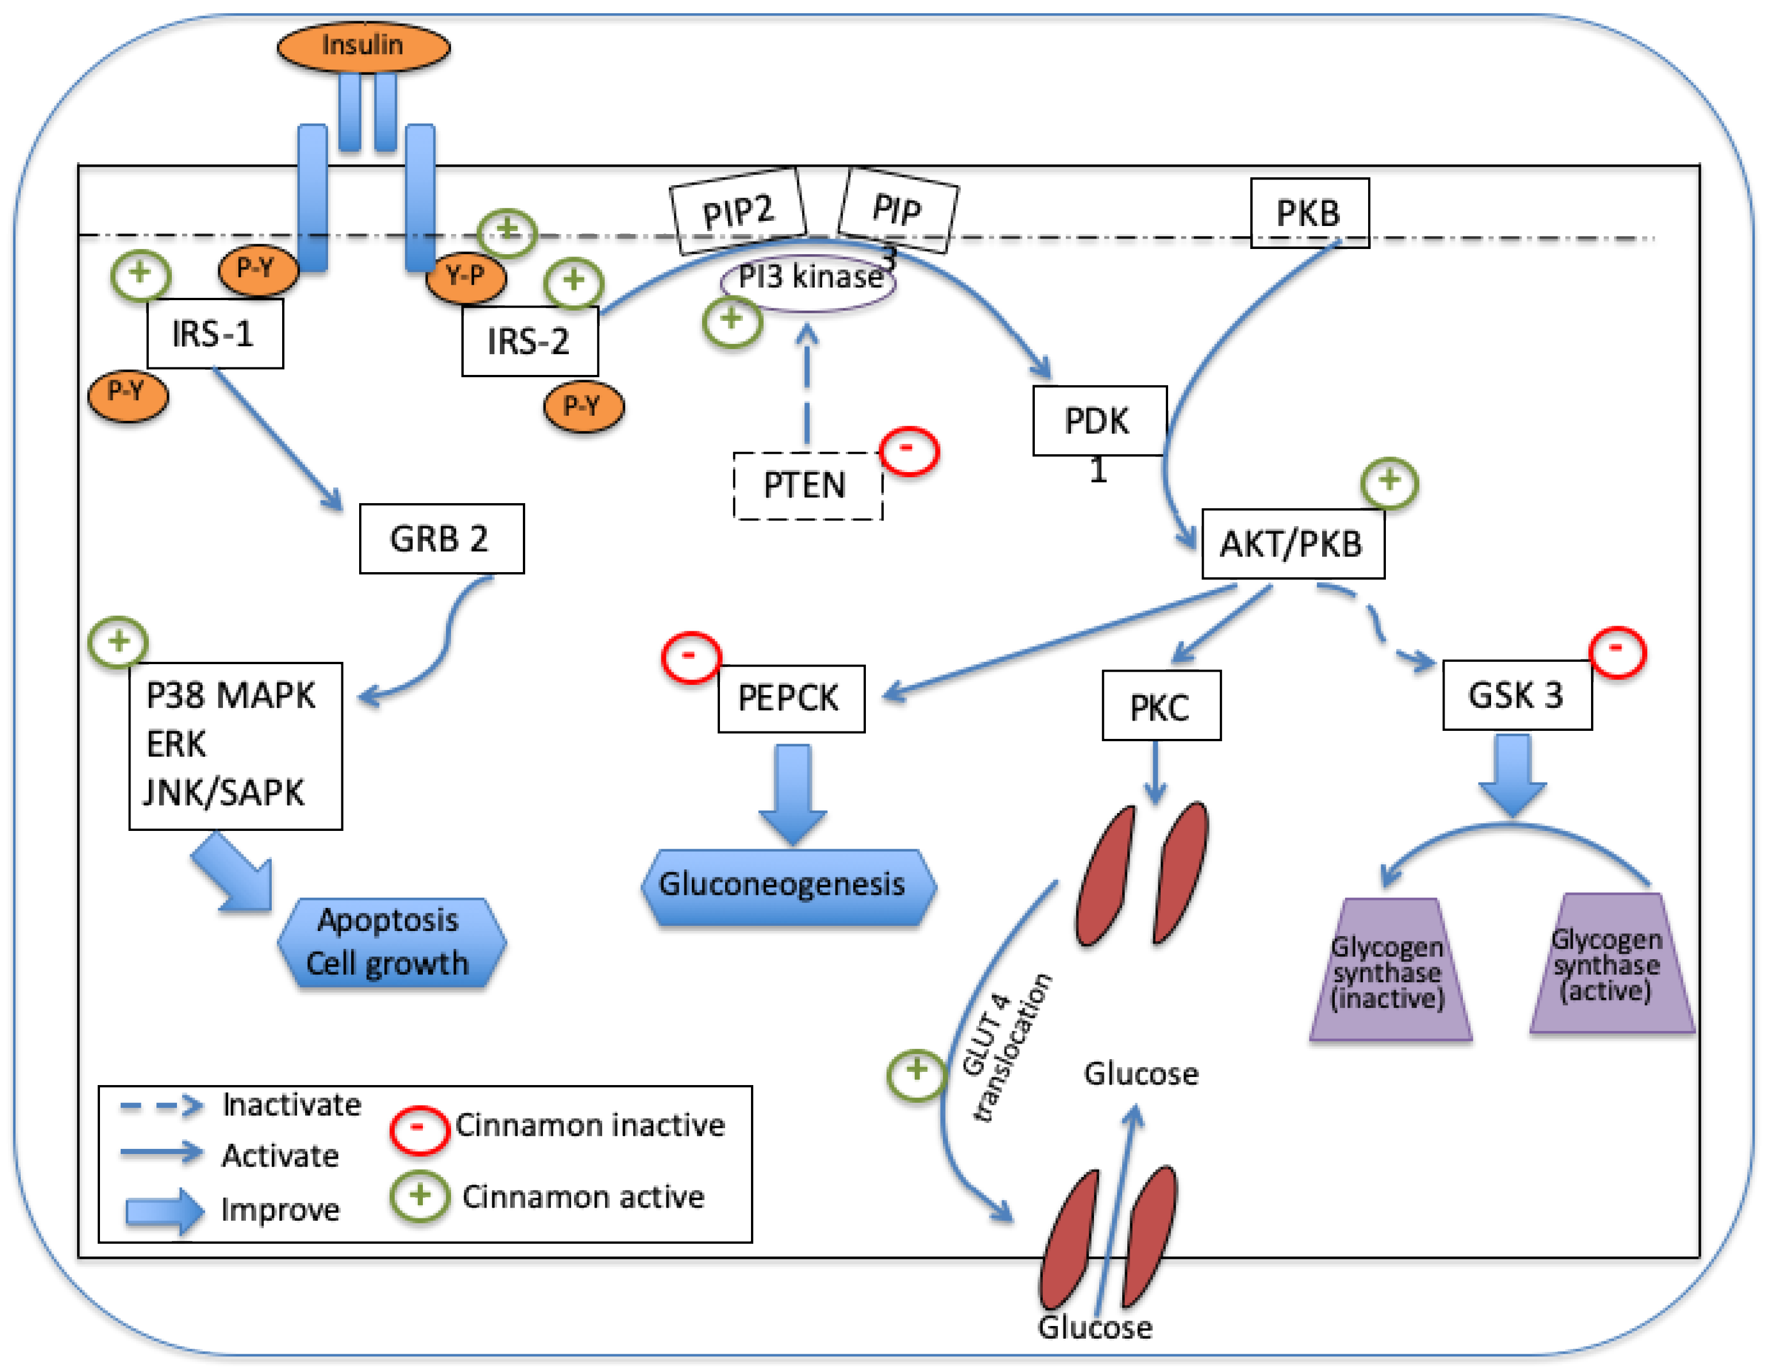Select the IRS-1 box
pos(214,334)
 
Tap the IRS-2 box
pos(529,341)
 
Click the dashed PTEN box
pos(807,485)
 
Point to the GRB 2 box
pos(441,539)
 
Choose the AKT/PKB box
pos(1292,543)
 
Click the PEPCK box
pos(791,698)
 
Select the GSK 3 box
pos(1516,695)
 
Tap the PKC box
pos(1160,706)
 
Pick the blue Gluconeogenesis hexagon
pos(788,886)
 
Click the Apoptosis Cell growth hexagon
pos(391,942)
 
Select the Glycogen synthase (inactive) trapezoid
pos(1389,972)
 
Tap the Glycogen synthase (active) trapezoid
pos(1610,965)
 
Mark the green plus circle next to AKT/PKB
pos(1389,482)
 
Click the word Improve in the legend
pos(280,1210)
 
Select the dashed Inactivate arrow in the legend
pos(161,1106)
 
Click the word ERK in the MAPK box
pos(176,744)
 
